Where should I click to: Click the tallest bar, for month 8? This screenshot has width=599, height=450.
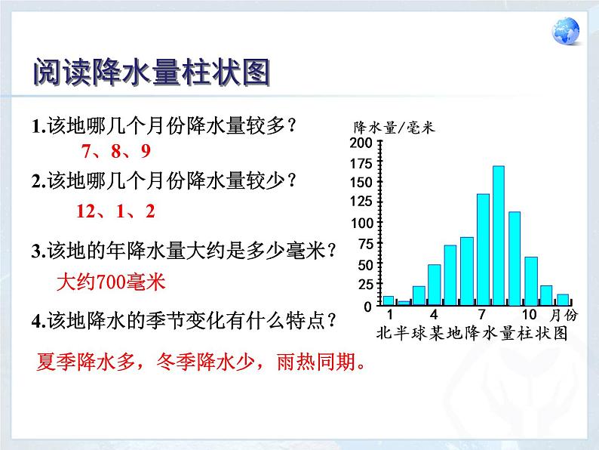(499, 236)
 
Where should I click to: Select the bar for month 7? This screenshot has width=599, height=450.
(484, 249)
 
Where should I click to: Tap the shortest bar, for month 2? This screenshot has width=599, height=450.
(404, 303)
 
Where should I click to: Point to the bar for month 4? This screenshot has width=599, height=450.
(435, 285)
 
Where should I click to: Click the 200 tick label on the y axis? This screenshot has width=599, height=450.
(361, 143)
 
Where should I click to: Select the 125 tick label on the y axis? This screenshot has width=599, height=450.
(361, 201)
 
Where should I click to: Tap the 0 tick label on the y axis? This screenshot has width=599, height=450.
(367, 307)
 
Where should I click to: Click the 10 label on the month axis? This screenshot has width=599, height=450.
(530, 315)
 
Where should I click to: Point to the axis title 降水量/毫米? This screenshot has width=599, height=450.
(394, 128)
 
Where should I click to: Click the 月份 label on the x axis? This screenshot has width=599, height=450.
(564, 315)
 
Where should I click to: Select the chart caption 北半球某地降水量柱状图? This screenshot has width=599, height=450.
(472, 333)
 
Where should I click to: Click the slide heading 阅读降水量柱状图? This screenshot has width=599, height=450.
(152, 72)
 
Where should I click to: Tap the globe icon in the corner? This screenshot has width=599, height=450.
(566, 31)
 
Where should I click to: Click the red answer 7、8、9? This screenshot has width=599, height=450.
(116, 152)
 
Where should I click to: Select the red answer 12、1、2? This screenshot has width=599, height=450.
(115, 211)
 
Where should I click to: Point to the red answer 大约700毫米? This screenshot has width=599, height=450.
(111, 282)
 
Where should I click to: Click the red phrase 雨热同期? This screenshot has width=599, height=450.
(316, 362)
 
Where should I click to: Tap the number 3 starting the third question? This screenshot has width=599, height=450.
(37, 251)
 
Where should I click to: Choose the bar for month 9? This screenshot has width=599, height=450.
(515, 258)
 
